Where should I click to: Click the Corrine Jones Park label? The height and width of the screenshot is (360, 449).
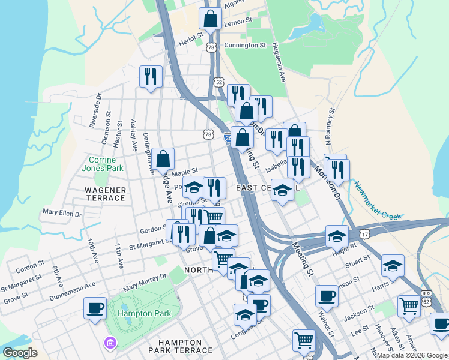pos(106,164)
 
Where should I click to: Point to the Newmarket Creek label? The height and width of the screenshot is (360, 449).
pos(376,201)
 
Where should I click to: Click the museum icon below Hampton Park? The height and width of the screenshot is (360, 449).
pos(110,343)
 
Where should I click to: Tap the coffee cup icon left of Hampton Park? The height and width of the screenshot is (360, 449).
pos(95,308)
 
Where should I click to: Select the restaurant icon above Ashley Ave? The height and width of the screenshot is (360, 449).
pos(150,76)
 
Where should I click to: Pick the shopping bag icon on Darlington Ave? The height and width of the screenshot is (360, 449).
pos(163,159)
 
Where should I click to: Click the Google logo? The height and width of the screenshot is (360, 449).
pos(20,353)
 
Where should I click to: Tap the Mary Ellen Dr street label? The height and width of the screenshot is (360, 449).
pos(62,212)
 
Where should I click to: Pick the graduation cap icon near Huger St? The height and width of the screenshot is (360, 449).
pos(337,236)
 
